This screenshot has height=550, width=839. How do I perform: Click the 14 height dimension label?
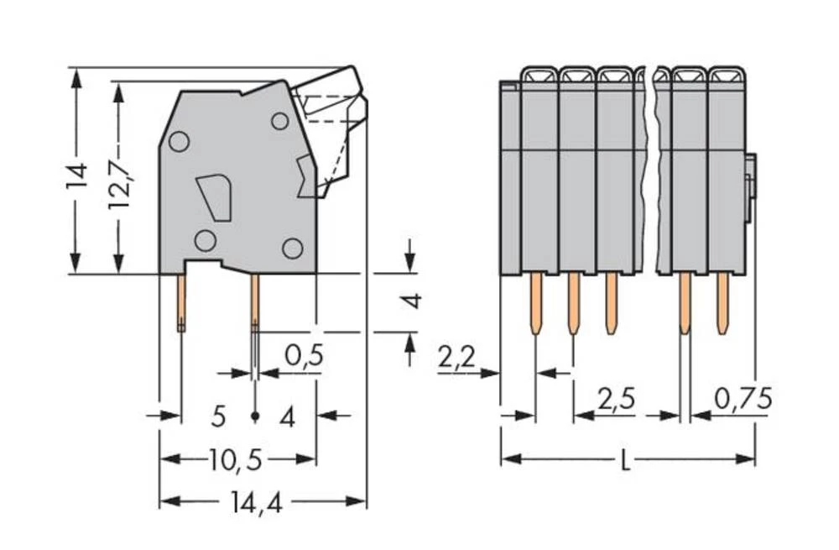(x=77, y=173)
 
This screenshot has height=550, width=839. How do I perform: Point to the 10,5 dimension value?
(x=236, y=459)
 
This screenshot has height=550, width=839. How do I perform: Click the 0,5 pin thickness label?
(x=303, y=357)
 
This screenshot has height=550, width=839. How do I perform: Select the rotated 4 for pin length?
(x=411, y=300)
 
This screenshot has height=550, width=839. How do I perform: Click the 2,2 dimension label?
(x=457, y=359)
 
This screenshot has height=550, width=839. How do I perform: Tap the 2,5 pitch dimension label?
(x=617, y=400)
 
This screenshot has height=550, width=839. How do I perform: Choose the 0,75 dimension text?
(x=743, y=400)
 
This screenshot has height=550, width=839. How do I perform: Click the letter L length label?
(x=625, y=461)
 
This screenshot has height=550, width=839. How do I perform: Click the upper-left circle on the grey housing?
(x=178, y=141)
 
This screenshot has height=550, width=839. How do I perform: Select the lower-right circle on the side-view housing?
(x=292, y=248)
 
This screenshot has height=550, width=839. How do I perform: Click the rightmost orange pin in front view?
(x=722, y=304)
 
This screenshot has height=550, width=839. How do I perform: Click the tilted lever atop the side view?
(x=331, y=105)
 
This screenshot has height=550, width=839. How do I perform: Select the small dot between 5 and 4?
(x=255, y=416)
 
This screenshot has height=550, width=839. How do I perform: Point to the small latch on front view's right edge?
(x=750, y=176)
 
